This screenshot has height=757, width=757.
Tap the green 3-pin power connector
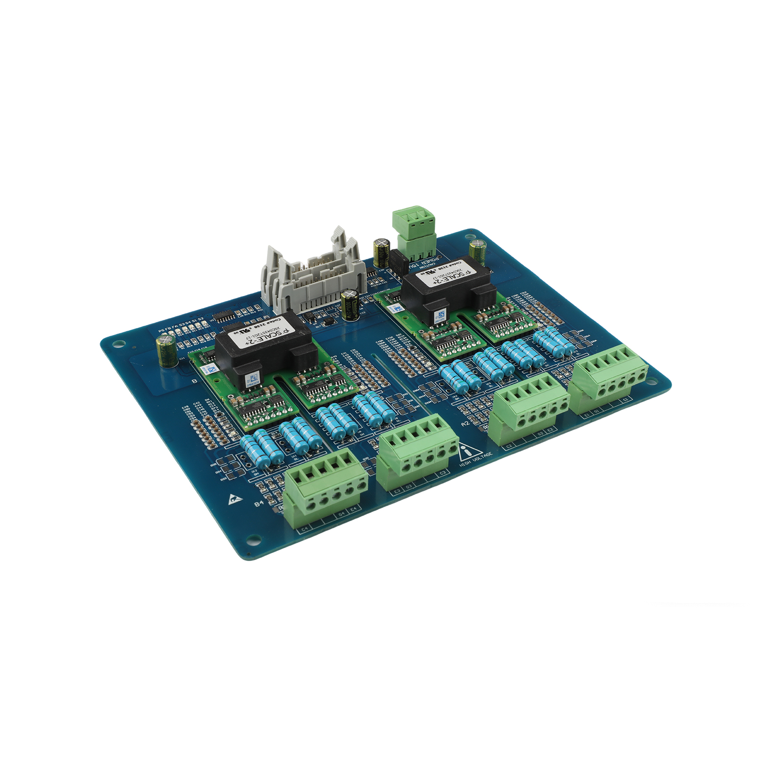point(414,232)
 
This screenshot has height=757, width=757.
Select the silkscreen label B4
point(259,503)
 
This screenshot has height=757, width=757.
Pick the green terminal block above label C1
point(608,378)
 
